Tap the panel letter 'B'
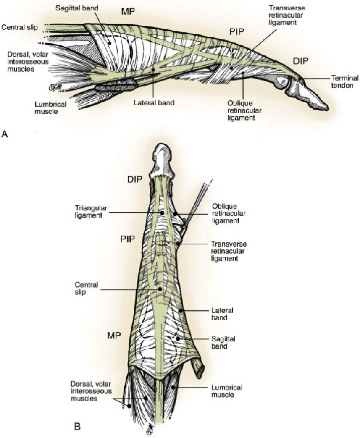point(77,426)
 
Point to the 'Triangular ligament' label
point(89,211)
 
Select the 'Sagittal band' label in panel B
point(219,342)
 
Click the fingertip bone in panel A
point(313,97)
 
